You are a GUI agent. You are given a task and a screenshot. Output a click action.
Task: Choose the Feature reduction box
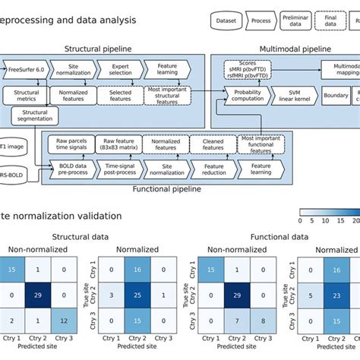(x=212, y=169)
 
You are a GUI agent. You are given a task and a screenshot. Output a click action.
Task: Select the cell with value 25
(x=137, y=293)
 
